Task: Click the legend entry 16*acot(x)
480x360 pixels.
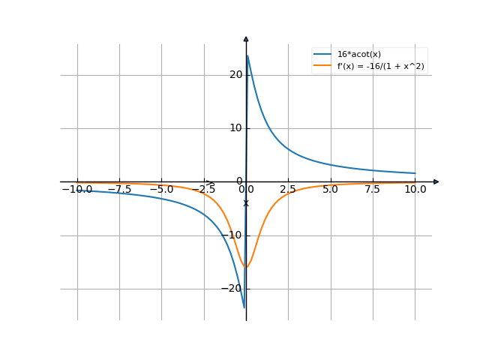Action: [x=359, y=54]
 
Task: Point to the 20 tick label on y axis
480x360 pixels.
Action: [x=236, y=74]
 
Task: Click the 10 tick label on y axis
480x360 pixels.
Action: [x=236, y=128]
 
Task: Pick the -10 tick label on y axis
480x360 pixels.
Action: [x=234, y=235]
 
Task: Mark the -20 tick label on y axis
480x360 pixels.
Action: [x=234, y=289]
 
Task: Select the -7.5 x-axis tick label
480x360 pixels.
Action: [x=119, y=190]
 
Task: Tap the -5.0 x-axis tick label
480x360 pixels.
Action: [x=161, y=190]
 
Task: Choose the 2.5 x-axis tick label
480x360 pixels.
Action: [x=288, y=190]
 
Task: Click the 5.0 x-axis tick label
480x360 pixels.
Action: [x=330, y=190]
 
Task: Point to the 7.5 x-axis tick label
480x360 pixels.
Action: [x=373, y=190]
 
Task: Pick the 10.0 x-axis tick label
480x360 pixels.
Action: [x=415, y=190]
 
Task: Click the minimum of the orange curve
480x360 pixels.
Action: [x=246, y=268]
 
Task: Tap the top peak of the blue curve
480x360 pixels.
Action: [x=247, y=55]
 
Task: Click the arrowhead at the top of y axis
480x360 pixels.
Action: [x=246, y=38]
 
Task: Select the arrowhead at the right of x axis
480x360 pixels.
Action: [x=436, y=181]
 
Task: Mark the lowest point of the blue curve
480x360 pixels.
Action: [x=244, y=308]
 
